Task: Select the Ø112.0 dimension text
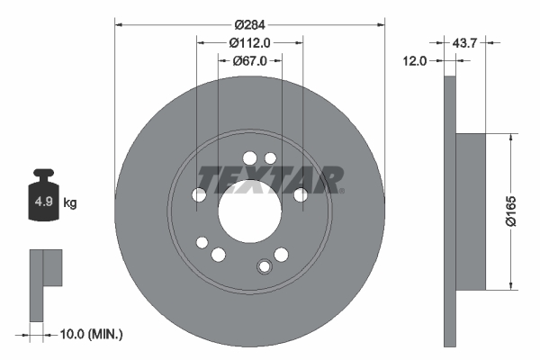coord(250,41)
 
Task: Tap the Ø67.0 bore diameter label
coord(250,61)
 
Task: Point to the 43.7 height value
coord(464,41)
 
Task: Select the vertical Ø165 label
coord(523,213)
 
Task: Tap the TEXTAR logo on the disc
coord(270,179)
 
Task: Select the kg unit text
coord(70,203)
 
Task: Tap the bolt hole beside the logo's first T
coord(200,194)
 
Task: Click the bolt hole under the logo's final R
coord(301,194)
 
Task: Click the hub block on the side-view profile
coord(471,212)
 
